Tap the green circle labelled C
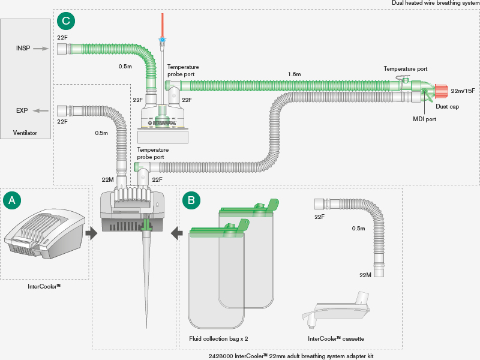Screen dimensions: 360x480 pyautogui.click(x=66, y=22)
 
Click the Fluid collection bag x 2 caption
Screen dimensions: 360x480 pyautogui.click(x=218, y=339)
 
